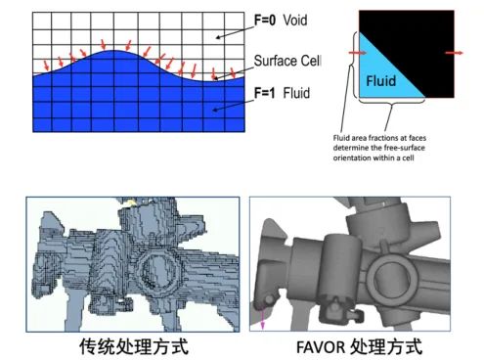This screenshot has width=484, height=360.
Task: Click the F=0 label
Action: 265,21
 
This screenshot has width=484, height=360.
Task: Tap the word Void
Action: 295,21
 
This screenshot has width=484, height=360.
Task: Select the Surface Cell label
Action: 287,61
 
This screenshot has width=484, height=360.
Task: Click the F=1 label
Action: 264,93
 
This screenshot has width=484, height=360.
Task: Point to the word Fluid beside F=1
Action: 296,93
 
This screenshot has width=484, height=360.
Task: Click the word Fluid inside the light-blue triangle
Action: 381,80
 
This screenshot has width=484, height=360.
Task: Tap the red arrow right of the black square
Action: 454,53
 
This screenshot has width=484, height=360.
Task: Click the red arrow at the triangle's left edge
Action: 358,53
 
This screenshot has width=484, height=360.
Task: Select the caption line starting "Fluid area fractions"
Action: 379,138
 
